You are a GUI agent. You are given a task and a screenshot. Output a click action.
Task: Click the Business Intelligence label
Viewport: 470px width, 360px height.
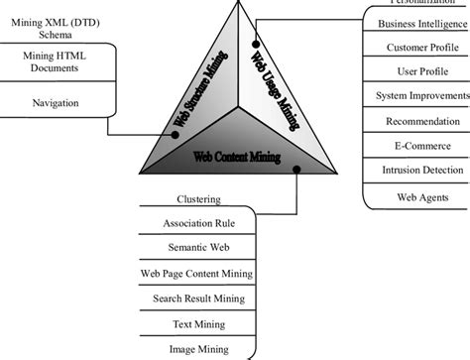point(416,22)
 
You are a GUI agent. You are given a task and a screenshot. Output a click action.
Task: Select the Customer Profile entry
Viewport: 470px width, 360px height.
point(416,47)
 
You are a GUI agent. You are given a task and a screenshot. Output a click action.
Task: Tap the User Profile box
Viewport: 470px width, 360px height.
point(416,71)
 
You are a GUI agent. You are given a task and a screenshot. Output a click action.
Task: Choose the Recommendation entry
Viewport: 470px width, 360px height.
point(416,121)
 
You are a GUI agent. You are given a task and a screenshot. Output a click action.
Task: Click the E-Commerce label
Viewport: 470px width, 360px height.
point(416,146)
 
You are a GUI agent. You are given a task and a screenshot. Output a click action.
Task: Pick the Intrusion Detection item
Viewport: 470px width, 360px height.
point(416,171)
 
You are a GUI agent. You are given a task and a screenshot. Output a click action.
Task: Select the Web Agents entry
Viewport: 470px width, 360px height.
point(416,195)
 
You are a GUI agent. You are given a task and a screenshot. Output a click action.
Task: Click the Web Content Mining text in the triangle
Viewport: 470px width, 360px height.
point(237,157)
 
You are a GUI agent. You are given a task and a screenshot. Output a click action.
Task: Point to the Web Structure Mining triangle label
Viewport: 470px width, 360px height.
point(202,89)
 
